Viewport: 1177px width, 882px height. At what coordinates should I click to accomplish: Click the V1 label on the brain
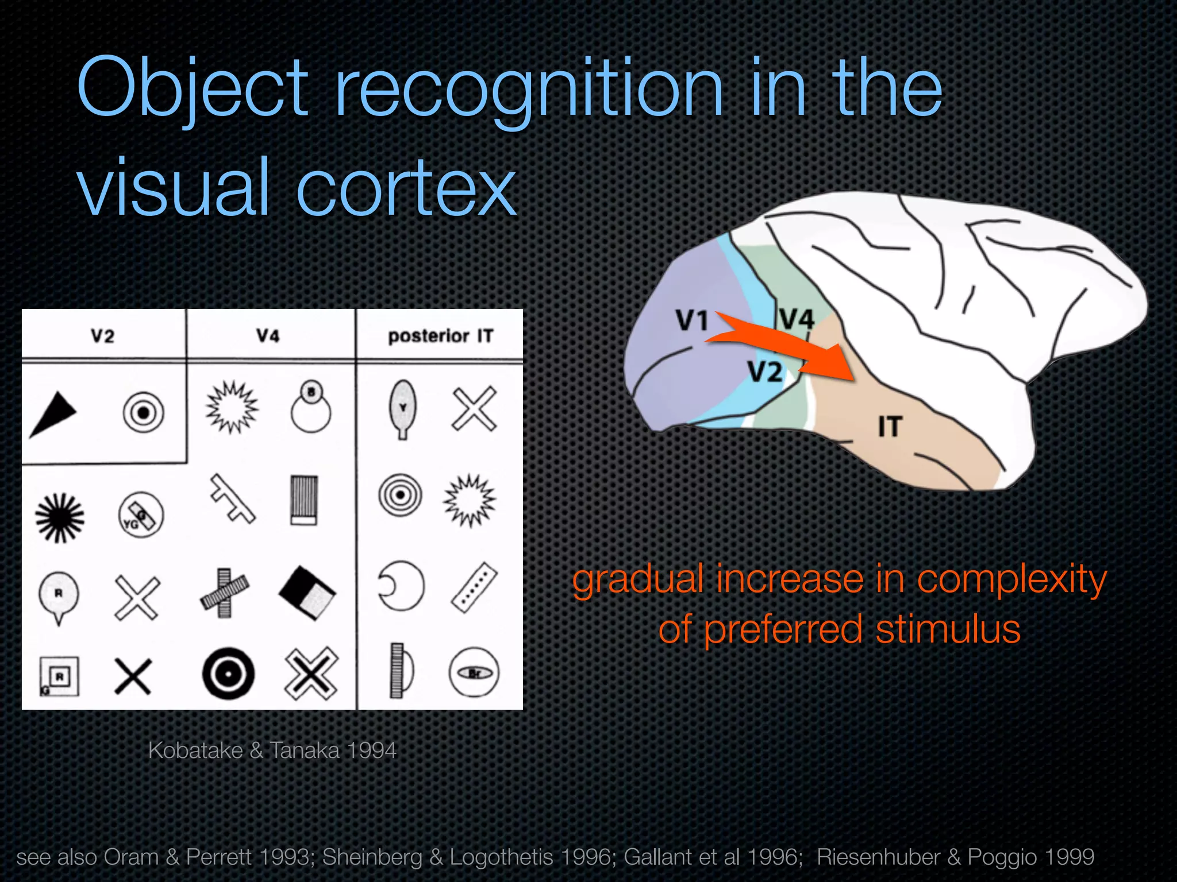click(x=691, y=320)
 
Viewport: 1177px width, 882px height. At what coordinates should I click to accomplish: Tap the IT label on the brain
click(x=890, y=427)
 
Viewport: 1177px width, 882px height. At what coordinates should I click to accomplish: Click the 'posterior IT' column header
click(x=440, y=335)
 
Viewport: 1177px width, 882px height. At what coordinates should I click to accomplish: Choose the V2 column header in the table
click(x=103, y=335)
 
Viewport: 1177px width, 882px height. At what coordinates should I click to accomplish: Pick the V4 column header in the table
click(x=268, y=335)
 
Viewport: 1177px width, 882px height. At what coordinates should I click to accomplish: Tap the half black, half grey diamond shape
click(x=307, y=593)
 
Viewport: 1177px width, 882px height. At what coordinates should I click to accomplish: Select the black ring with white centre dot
click(x=228, y=673)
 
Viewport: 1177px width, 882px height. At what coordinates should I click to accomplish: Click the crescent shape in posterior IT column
click(x=401, y=586)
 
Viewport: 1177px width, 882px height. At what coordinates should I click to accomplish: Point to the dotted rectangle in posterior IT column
click(x=474, y=587)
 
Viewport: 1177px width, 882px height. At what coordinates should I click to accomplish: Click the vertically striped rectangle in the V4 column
click(x=304, y=500)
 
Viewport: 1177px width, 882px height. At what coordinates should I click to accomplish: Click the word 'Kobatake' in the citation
click(x=195, y=751)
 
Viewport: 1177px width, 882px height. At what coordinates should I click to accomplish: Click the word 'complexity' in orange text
click(x=1011, y=580)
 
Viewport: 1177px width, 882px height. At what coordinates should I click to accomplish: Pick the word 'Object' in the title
click(x=193, y=89)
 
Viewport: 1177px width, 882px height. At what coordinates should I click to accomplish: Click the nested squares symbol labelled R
click(x=59, y=676)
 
